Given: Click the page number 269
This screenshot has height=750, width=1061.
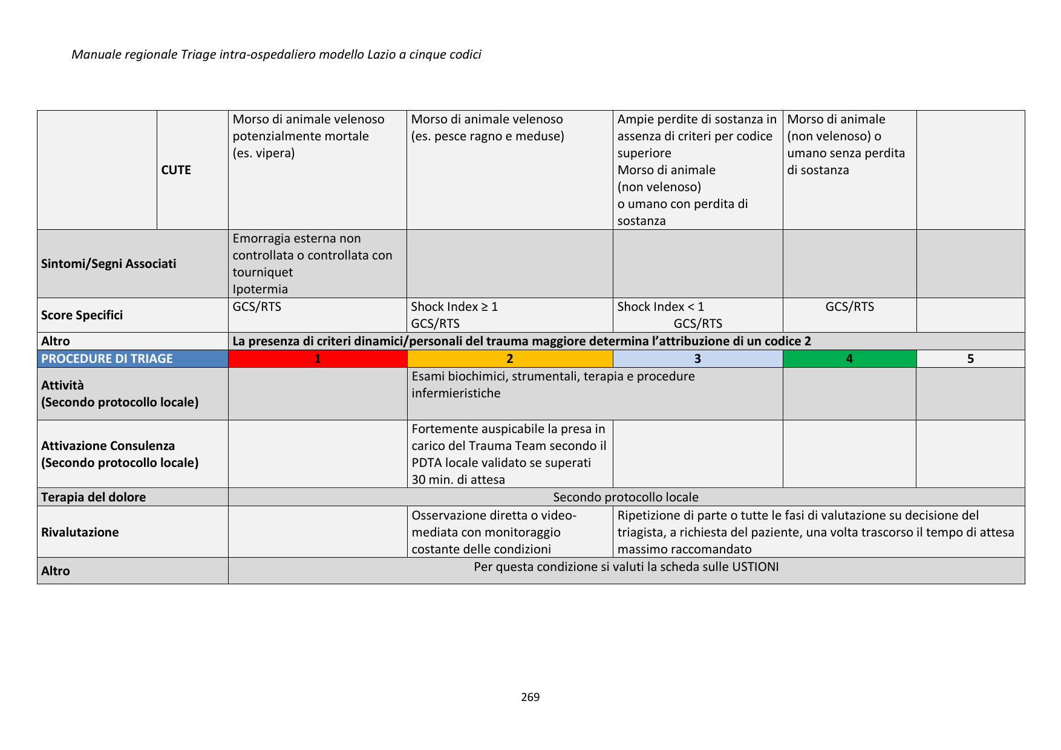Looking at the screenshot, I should pos(530,697).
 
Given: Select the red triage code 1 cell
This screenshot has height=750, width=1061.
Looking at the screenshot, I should pos(318,359).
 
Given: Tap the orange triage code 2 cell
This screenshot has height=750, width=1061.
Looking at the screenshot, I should pos(510,359).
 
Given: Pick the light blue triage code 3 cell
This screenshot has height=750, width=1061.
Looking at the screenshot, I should pos(697,359).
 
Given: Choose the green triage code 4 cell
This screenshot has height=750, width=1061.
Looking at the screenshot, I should pos(849,359).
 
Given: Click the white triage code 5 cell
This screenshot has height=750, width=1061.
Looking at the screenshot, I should pos(970,359).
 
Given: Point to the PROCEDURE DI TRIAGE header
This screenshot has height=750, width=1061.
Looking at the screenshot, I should pos(107,359).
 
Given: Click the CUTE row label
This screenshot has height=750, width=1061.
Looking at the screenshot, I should pos(176,170).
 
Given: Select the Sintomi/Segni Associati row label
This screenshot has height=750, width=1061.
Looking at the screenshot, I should pos(109,264).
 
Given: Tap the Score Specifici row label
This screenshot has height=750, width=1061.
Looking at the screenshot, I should pos(82,315).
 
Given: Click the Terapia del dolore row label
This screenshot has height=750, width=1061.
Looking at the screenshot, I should pos(93,497).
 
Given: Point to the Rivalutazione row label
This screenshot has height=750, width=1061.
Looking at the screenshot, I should pos(80,532).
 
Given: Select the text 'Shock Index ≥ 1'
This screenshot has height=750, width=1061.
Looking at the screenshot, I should pos(454,307).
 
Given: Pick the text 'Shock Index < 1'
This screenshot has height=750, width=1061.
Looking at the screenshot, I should pos(661,307).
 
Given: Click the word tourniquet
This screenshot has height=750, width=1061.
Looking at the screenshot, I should pos(263,272).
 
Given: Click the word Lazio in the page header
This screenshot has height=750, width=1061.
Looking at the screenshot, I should pos(381,54).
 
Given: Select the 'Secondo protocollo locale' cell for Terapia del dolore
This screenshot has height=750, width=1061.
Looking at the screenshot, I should pos(625,497).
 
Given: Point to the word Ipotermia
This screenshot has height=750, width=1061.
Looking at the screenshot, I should pos(260,289).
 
